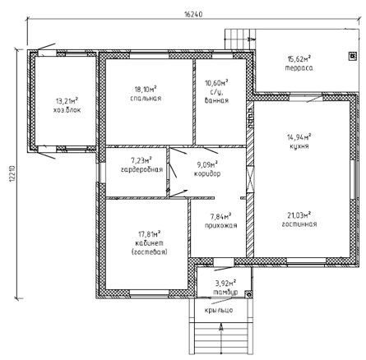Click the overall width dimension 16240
pyautogui.click(x=193, y=14)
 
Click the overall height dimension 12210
pyautogui.click(x=12, y=174)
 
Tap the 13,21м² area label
pyautogui.click(x=67, y=101)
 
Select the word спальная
pyautogui.click(x=146, y=99)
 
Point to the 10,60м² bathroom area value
pyautogui.click(x=217, y=82)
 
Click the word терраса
pyautogui.click(x=299, y=68)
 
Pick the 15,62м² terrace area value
pyautogui.click(x=299, y=58)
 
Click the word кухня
pyautogui.click(x=299, y=146)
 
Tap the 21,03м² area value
pyautogui.click(x=299, y=215)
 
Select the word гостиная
pyautogui.click(x=299, y=224)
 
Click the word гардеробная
pyautogui.click(x=141, y=169)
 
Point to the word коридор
pyautogui.click(x=207, y=173)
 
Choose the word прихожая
pyautogui.click(x=220, y=225)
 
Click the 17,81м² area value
pyautogui.click(x=149, y=234)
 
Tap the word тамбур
pyautogui.click(x=225, y=292)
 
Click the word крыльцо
pyautogui.click(x=219, y=310)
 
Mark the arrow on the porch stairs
pyautogui.click(x=221, y=339)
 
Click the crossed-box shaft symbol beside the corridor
pyautogui.click(x=250, y=180)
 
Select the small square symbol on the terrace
pyautogui.click(x=353, y=56)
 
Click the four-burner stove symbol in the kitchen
pyautogui.click(x=250, y=118)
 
